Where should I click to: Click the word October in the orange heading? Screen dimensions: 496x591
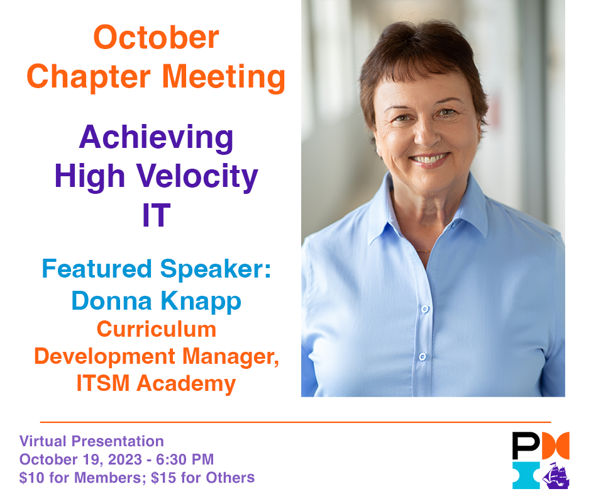click(156, 37)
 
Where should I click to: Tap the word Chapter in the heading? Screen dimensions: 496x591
click(89, 77)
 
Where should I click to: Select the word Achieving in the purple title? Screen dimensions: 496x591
click(156, 138)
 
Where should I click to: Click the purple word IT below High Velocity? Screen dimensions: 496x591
click(156, 215)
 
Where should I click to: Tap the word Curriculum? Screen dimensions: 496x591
click(156, 329)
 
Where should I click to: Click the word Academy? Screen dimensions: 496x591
click(196, 383)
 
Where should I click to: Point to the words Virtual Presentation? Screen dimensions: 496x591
click(92, 441)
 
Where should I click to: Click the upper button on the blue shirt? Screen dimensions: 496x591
click(425, 309)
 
